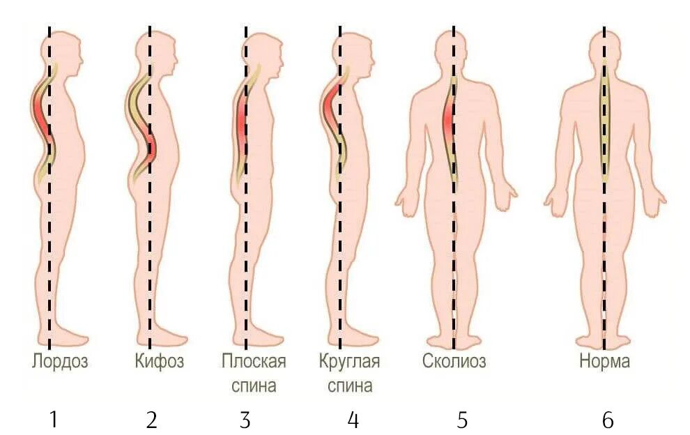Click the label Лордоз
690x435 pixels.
tap(60, 362)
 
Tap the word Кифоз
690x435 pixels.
tap(159, 362)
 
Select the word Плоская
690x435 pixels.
tap(254, 362)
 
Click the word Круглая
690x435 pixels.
tap(349, 362)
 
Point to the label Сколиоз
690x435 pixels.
tap(454, 362)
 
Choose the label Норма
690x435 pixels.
tap(604, 362)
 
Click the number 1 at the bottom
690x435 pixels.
tap(53, 420)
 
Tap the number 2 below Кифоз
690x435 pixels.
tap(152, 420)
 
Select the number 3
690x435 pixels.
tap(245, 420)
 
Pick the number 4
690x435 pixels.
tap(353, 420)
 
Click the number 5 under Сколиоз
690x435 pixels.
tap(462, 420)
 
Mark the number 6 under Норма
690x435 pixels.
tap(608, 420)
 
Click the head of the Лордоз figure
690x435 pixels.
tap(61, 52)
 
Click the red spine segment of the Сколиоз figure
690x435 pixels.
tap(448, 119)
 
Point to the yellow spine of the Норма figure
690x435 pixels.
tap(604, 119)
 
